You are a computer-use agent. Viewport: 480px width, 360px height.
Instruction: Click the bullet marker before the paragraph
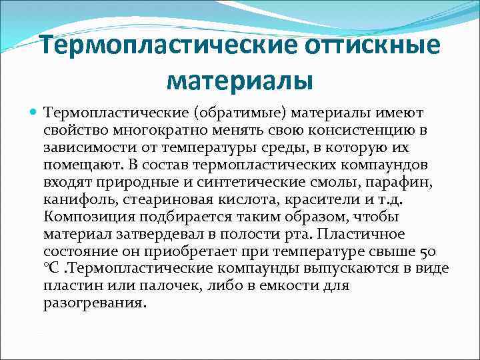[x=34, y=113]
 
